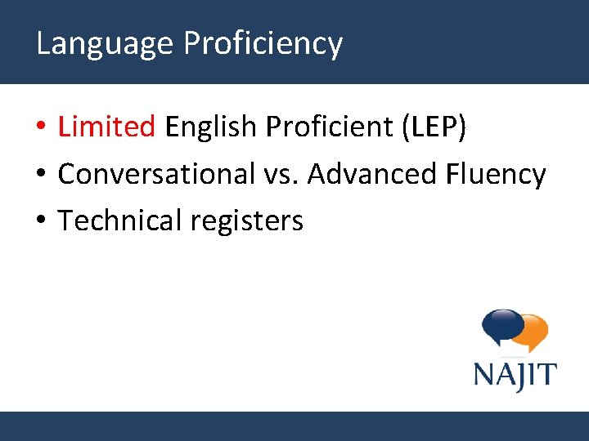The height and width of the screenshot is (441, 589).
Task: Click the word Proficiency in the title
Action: [x=263, y=43]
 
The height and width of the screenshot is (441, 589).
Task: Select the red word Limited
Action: [x=106, y=127]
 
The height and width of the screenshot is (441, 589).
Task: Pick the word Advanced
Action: [x=372, y=174]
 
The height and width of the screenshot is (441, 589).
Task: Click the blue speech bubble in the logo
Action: [x=501, y=326]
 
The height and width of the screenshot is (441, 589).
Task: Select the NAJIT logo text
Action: [x=515, y=376]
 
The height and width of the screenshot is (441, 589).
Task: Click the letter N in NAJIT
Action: [x=484, y=376]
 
